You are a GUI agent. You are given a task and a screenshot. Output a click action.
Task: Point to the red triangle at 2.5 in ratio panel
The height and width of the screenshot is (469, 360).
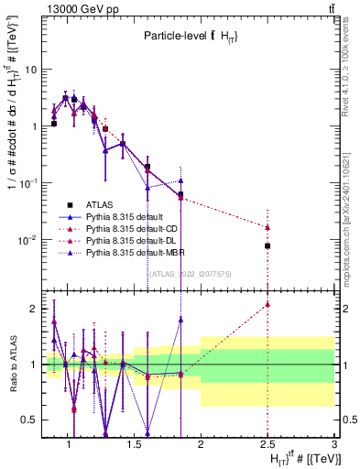click(x=267, y=304)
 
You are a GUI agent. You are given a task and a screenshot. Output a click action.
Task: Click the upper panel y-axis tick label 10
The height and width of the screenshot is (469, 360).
click(x=30, y=70)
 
